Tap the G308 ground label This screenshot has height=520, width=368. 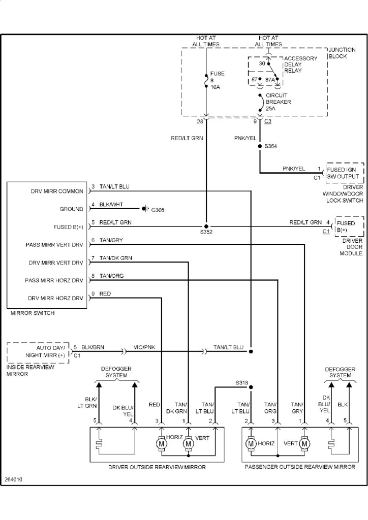(158, 209)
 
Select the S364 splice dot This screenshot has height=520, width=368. (260, 146)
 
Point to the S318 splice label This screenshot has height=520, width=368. (243, 382)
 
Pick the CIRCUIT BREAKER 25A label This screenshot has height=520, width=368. (278, 102)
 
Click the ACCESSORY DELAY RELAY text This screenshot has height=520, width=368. (300, 64)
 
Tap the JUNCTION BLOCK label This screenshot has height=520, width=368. (339, 53)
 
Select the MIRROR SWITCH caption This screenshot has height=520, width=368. (33, 313)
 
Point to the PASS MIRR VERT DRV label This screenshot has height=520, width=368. (54, 245)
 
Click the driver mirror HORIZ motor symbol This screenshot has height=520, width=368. (162, 443)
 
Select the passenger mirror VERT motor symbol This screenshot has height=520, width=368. (305, 443)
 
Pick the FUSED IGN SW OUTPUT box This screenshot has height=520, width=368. (345, 173)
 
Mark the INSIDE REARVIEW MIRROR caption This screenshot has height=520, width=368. (25, 370)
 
